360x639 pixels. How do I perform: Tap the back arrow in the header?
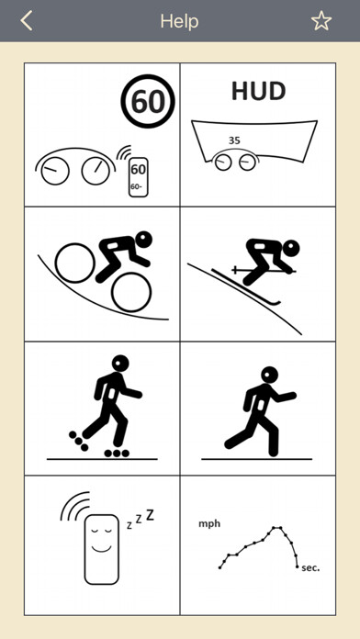pyautogui.click(x=27, y=21)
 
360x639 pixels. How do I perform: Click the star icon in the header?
pyautogui.click(x=321, y=21)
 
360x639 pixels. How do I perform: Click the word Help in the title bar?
pyautogui.click(x=179, y=21)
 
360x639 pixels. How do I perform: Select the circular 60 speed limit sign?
pyautogui.click(x=148, y=102)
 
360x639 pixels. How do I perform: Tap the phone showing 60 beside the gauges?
pyautogui.click(x=138, y=177)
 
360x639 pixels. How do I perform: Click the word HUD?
pyautogui.click(x=258, y=92)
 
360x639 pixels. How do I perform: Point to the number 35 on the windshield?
pyautogui.click(x=234, y=140)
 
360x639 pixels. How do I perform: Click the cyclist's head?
pyautogui.click(x=144, y=240)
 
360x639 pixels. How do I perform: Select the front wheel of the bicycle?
pyautogui.click(x=131, y=292)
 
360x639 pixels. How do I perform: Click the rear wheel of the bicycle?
pyautogui.click(x=75, y=263)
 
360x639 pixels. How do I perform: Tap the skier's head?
pyautogui.click(x=291, y=248)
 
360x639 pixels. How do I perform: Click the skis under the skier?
pyautogui.click(x=246, y=286)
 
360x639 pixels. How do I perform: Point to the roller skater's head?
pyautogui.click(x=120, y=363)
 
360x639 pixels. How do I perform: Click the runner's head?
pyautogui.click(x=269, y=375)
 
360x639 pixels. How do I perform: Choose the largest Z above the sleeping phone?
pyautogui.click(x=150, y=515)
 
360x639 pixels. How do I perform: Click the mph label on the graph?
pyautogui.click(x=209, y=524)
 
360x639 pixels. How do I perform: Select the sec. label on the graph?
pyautogui.click(x=310, y=567)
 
